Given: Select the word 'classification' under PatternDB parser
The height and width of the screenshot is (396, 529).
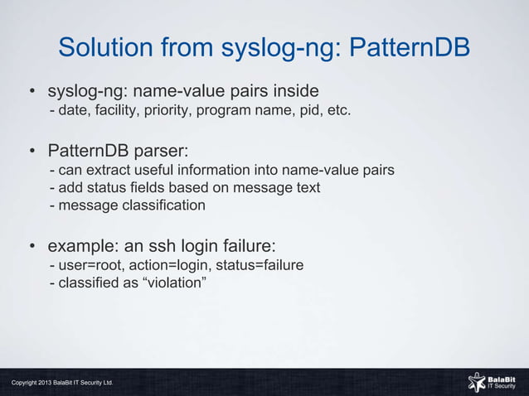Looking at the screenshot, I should tap(163, 205).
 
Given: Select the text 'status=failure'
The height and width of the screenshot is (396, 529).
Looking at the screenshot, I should tap(255, 265).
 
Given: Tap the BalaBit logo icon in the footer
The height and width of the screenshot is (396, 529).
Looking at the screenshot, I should tap(477, 381).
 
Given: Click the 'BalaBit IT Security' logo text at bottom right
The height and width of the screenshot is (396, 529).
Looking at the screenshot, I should tap(502, 381).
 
